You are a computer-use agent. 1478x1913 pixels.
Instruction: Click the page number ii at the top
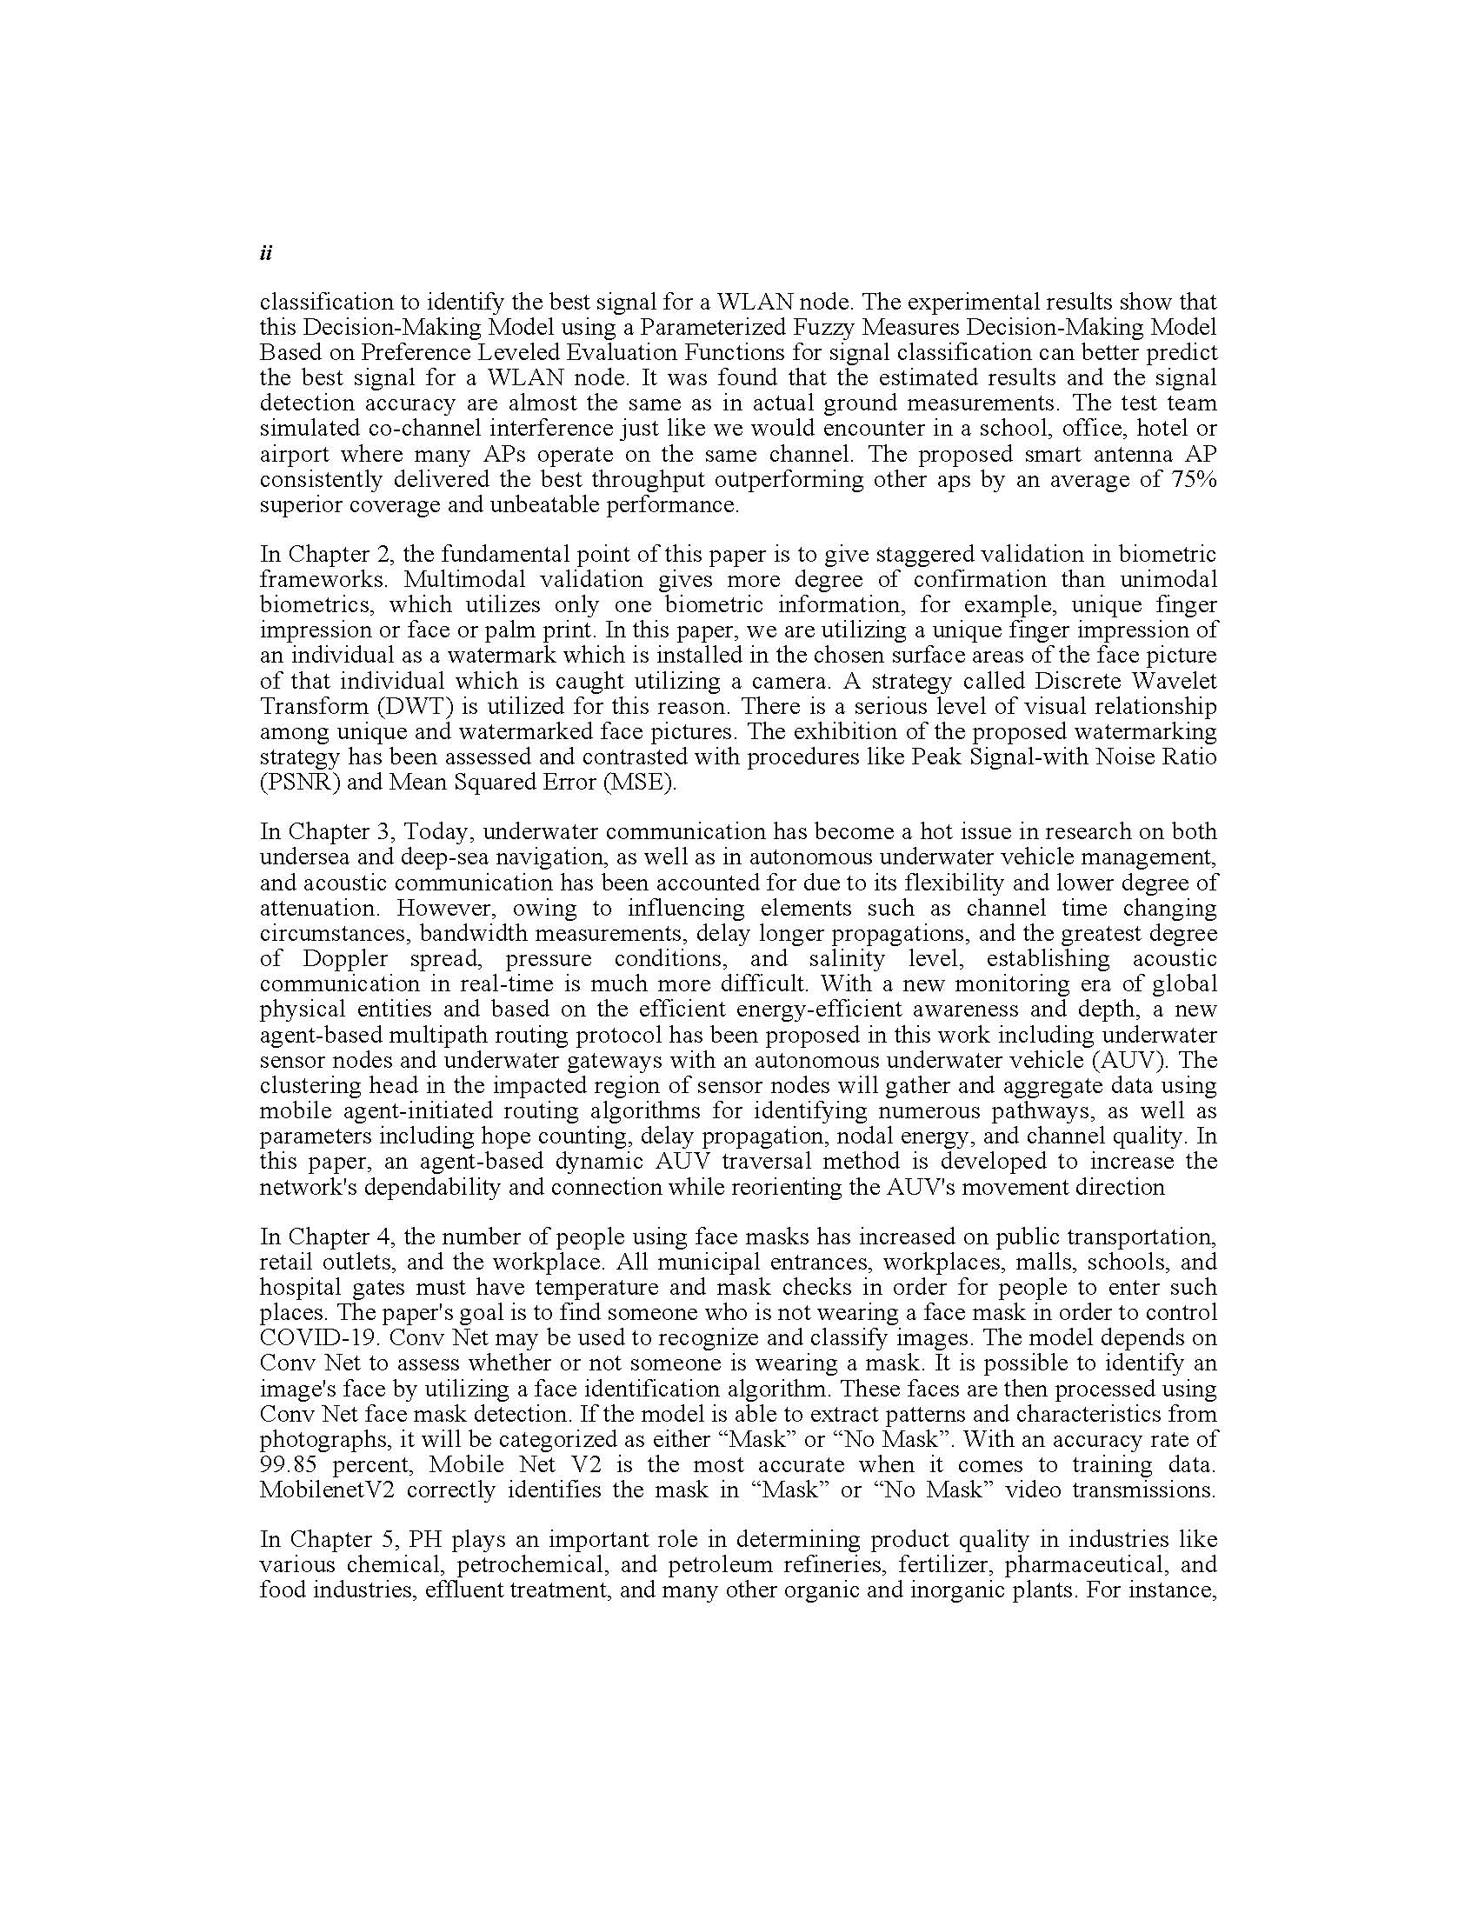coord(266,254)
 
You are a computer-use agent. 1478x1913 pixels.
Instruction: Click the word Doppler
coord(345,958)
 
